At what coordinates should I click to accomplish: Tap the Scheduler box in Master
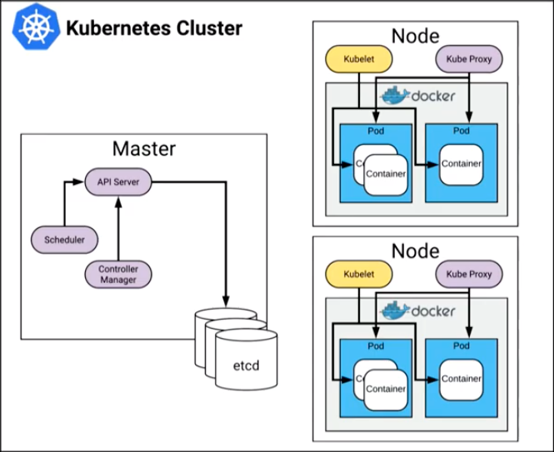pos(64,240)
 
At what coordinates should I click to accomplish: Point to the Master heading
pos(143,149)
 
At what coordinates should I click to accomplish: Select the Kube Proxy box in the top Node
pos(469,59)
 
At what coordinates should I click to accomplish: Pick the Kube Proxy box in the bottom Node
pos(469,273)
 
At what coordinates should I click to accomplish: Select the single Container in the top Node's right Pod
pos(462,164)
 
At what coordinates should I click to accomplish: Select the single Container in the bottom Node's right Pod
pos(462,379)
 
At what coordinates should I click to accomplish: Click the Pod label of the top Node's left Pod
pos(376,132)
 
